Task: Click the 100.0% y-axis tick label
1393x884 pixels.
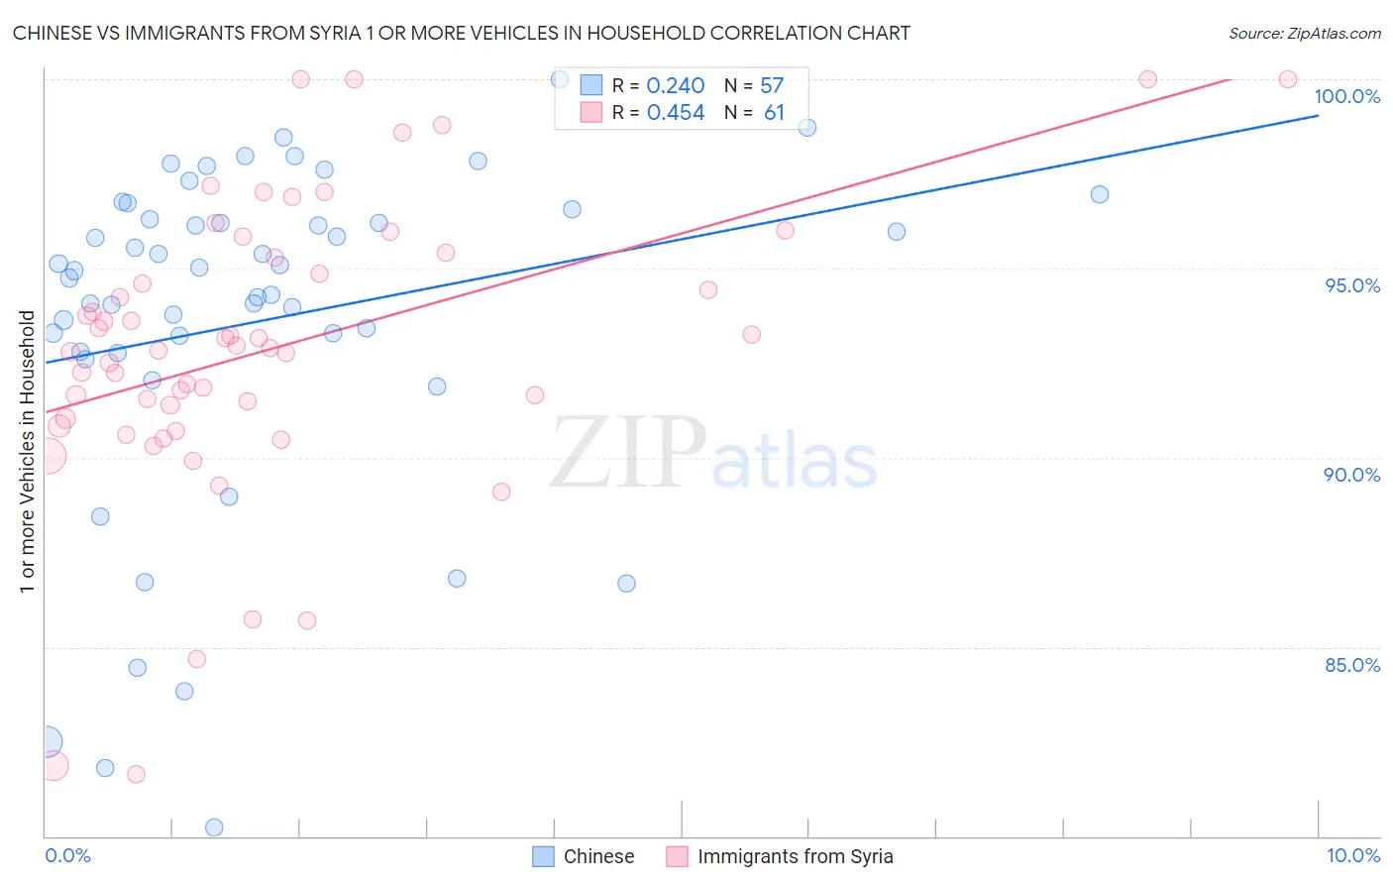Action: tap(1346, 96)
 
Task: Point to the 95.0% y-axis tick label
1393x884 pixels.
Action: tap(1352, 285)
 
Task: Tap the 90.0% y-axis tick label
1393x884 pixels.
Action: tap(1351, 475)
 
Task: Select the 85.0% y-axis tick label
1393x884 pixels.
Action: tap(1352, 665)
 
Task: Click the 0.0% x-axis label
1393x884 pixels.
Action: tap(67, 855)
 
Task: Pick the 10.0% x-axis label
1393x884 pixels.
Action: tap(1352, 855)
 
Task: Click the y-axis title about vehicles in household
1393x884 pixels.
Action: tap(27, 452)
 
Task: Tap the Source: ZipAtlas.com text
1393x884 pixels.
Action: tap(1304, 33)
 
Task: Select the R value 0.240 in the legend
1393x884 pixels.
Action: tap(676, 86)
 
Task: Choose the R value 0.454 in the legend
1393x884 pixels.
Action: tap(676, 113)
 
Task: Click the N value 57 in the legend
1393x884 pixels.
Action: tap(772, 86)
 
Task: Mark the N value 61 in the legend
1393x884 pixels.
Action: tap(774, 113)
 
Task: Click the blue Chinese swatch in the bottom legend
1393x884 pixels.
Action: tap(543, 856)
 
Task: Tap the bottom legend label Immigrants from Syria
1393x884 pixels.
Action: tap(795, 856)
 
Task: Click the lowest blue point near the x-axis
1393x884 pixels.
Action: tap(214, 828)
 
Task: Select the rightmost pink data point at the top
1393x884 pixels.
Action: tap(1288, 79)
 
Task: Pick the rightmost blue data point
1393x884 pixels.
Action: tap(1100, 194)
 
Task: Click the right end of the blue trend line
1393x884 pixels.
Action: tap(1318, 116)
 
